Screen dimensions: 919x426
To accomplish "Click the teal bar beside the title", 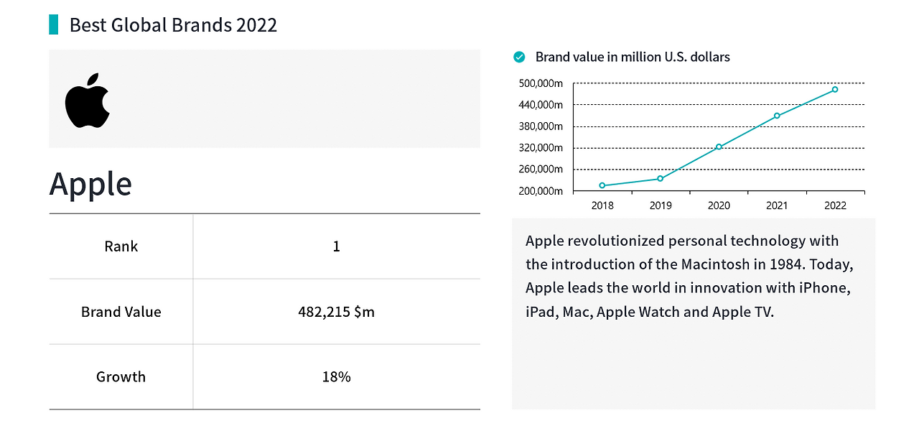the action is coord(53,24).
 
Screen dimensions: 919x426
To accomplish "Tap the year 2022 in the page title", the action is coord(256,25).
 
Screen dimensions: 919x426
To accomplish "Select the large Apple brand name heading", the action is coord(90,185).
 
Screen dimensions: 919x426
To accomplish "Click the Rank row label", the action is coord(121,246).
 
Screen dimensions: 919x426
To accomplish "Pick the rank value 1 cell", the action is coord(337,246).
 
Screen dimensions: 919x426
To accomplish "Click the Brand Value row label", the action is coord(121,312).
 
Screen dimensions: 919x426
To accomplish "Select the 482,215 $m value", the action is coord(337,312).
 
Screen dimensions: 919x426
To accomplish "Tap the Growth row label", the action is coord(121,376).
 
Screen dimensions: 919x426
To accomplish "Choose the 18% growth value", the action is coord(337,376).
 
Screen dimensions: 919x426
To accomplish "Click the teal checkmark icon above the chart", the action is coord(519,57).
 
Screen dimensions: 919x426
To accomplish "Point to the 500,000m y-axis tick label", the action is coord(541,83).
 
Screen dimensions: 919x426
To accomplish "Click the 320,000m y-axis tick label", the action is coord(541,148).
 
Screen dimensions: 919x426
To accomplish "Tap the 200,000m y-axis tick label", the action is coord(541,191).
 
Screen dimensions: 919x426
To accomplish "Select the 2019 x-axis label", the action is coord(661,205).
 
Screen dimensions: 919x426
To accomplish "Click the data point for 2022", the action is coord(835,90).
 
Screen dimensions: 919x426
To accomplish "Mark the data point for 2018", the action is coord(602,185).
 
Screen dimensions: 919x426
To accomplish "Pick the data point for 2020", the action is coord(719,147).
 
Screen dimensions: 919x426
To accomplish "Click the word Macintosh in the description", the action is coord(715,264).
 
